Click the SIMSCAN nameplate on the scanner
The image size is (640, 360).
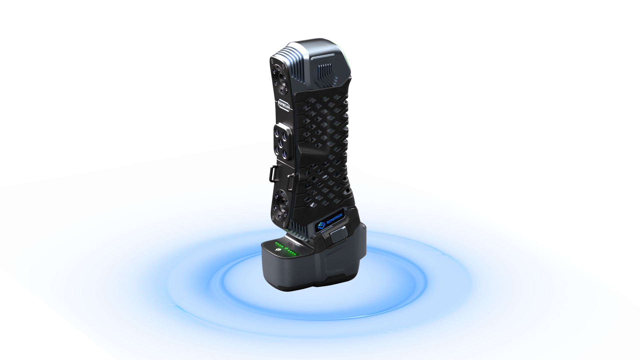284,105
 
